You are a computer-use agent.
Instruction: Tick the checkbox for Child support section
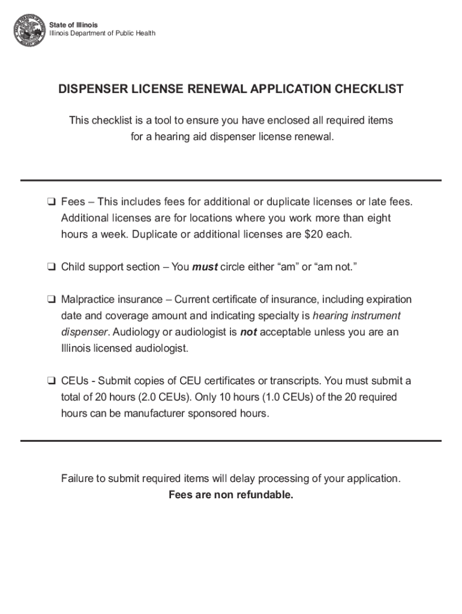point(52,267)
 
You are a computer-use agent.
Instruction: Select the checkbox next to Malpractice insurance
point(52,300)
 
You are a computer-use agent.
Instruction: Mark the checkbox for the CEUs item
point(52,381)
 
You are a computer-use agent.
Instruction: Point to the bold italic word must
point(205,267)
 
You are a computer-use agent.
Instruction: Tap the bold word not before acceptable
point(248,332)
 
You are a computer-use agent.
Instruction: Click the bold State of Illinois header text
point(73,25)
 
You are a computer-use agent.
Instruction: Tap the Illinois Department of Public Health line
point(102,34)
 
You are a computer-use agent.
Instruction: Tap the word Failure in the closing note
point(77,478)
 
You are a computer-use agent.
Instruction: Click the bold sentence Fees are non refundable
point(231,495)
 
